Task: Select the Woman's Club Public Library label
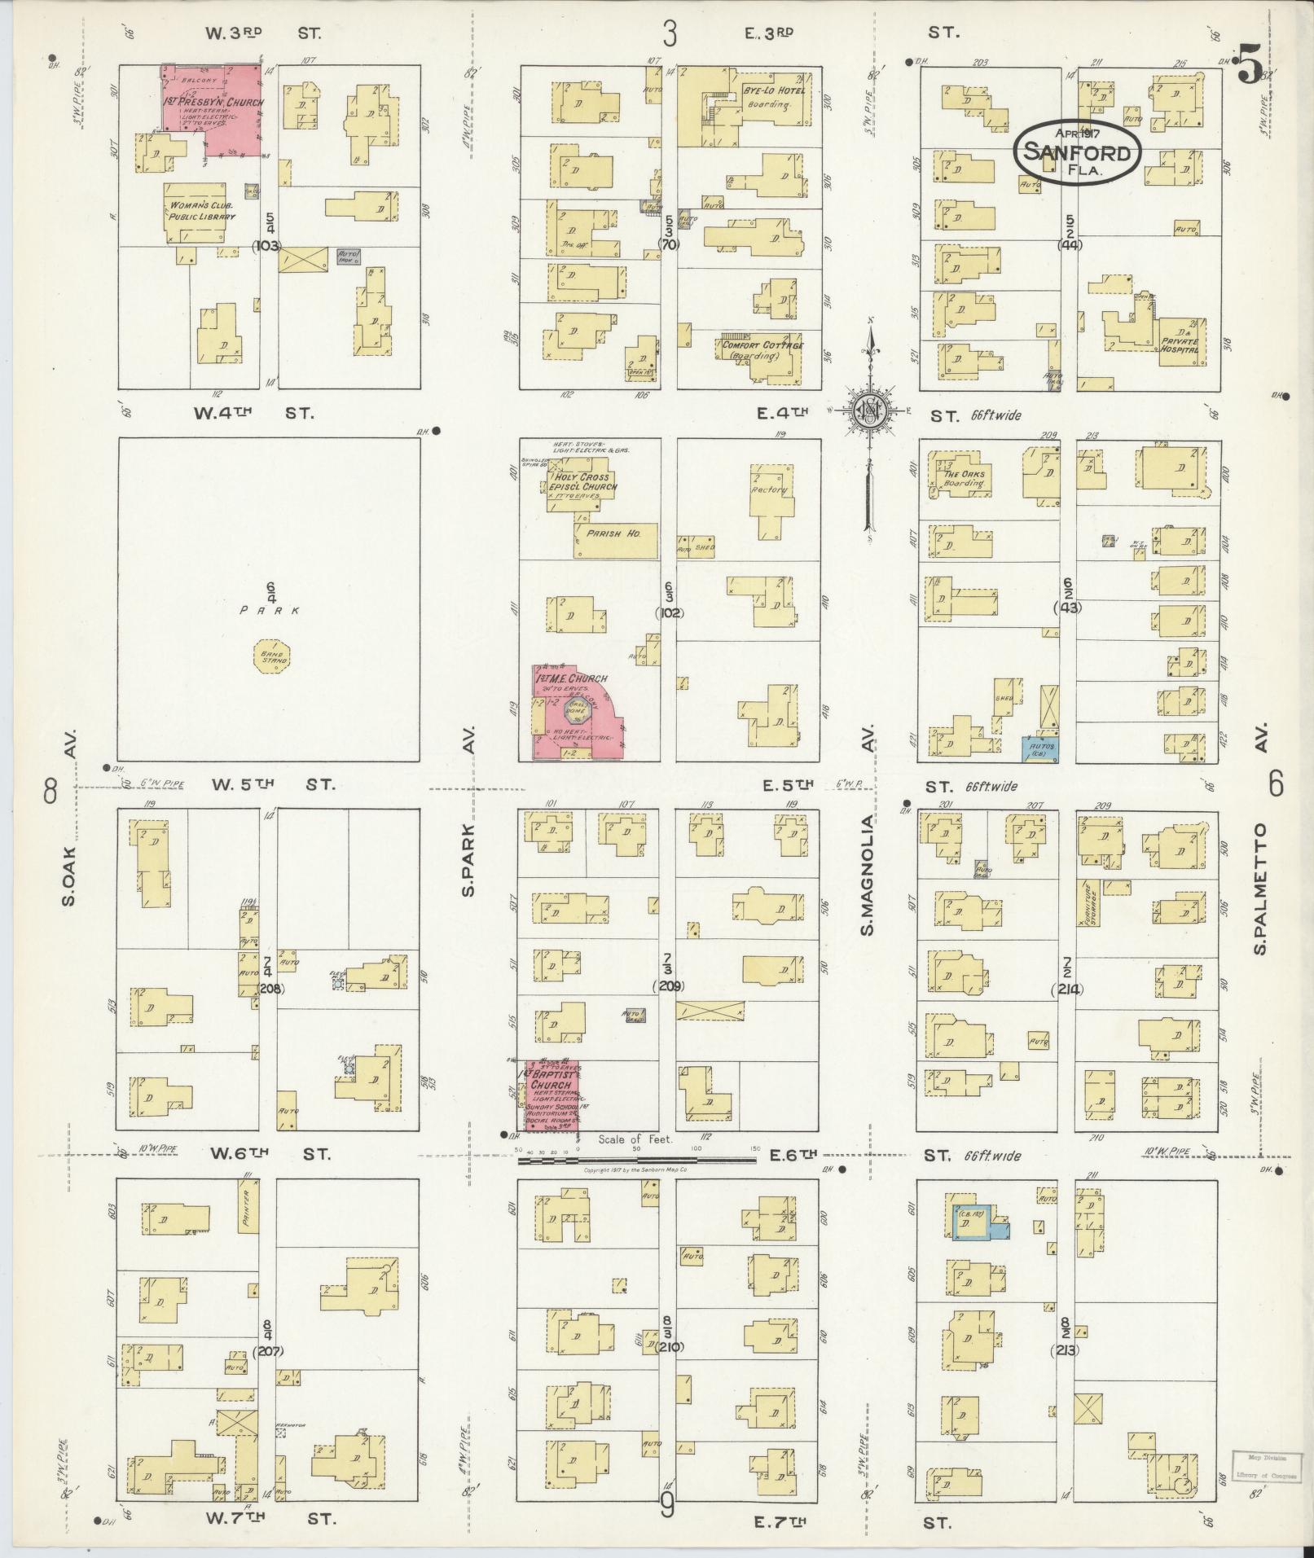pyautogui.click(x=201, y=211)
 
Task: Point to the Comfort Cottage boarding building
pyautogui.click(x=762, y=351)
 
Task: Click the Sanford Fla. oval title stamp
pyautogui.click(x=1076, y=152)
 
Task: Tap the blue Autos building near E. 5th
pyautogui.click(x=1039, y=748)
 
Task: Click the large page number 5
pyautogui.click(x=1247, y=65)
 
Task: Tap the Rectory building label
pyautogui.click(x=769, y=489)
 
